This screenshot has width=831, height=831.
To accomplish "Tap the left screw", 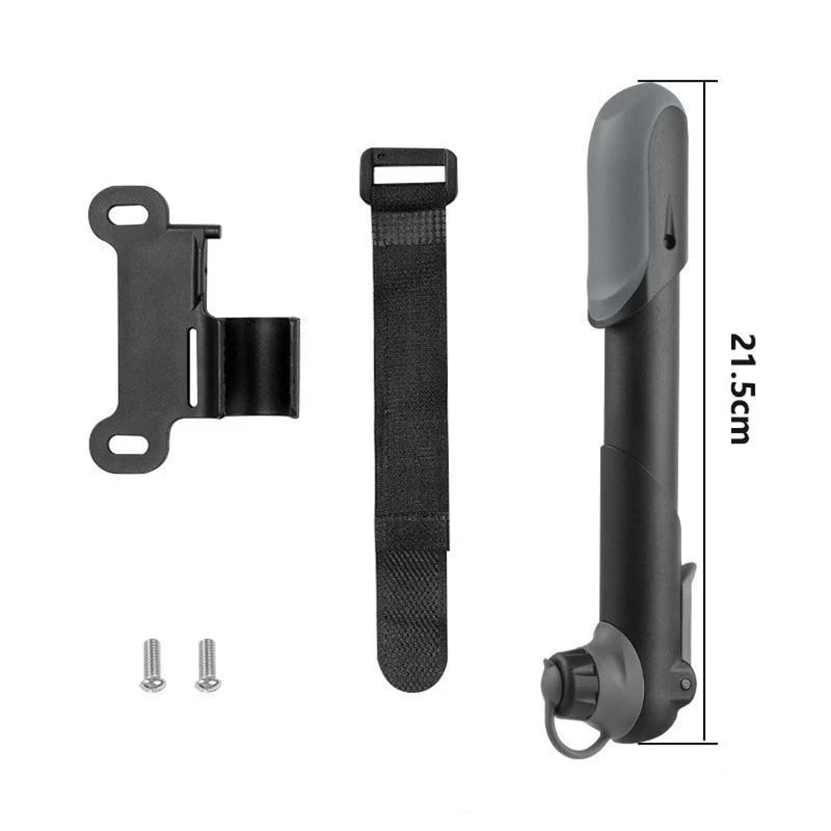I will (x=152, y=664).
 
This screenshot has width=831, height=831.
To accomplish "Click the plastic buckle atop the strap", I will (x=407, y=175).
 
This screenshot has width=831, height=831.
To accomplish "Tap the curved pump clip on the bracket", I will (x=258, y=366).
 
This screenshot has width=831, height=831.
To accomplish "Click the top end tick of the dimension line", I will (x=706, y=81).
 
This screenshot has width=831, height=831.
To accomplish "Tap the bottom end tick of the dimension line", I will (x=706, y=742).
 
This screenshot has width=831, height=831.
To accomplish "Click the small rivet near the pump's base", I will (x=685, y=683).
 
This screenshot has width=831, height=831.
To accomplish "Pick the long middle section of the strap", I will (x=409, y=374).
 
